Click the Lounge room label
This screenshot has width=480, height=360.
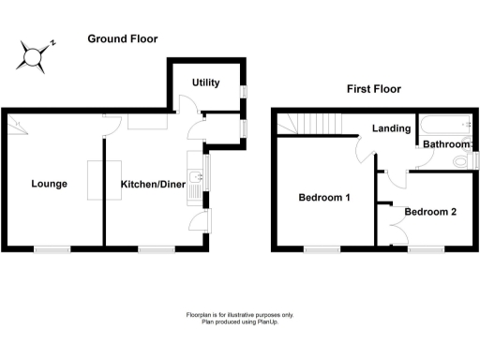(x=49, y=184)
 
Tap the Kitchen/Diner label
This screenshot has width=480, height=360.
(x=152, y=185)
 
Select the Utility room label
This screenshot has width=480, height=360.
(x=205, y=83)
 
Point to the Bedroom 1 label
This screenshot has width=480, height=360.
(x=324, y=198)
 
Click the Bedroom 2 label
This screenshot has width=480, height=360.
(x=430, y=212)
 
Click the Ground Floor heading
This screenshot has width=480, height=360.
(x=122, y=39)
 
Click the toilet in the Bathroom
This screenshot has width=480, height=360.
(x=460, y=161)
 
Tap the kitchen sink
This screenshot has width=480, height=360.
(x=192, y=176)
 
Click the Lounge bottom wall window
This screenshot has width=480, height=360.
(x=53, y=248)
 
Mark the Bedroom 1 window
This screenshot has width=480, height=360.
(x=322, y=248)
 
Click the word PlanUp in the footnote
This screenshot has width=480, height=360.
(x=268, y=322)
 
